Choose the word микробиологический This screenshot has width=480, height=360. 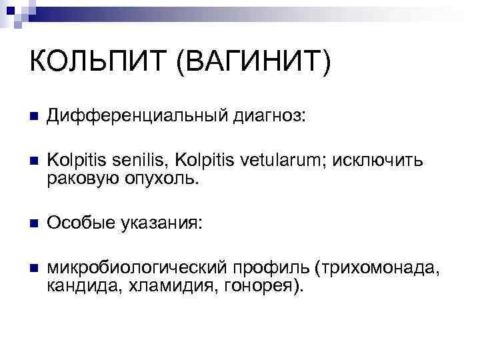(136, 270)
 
